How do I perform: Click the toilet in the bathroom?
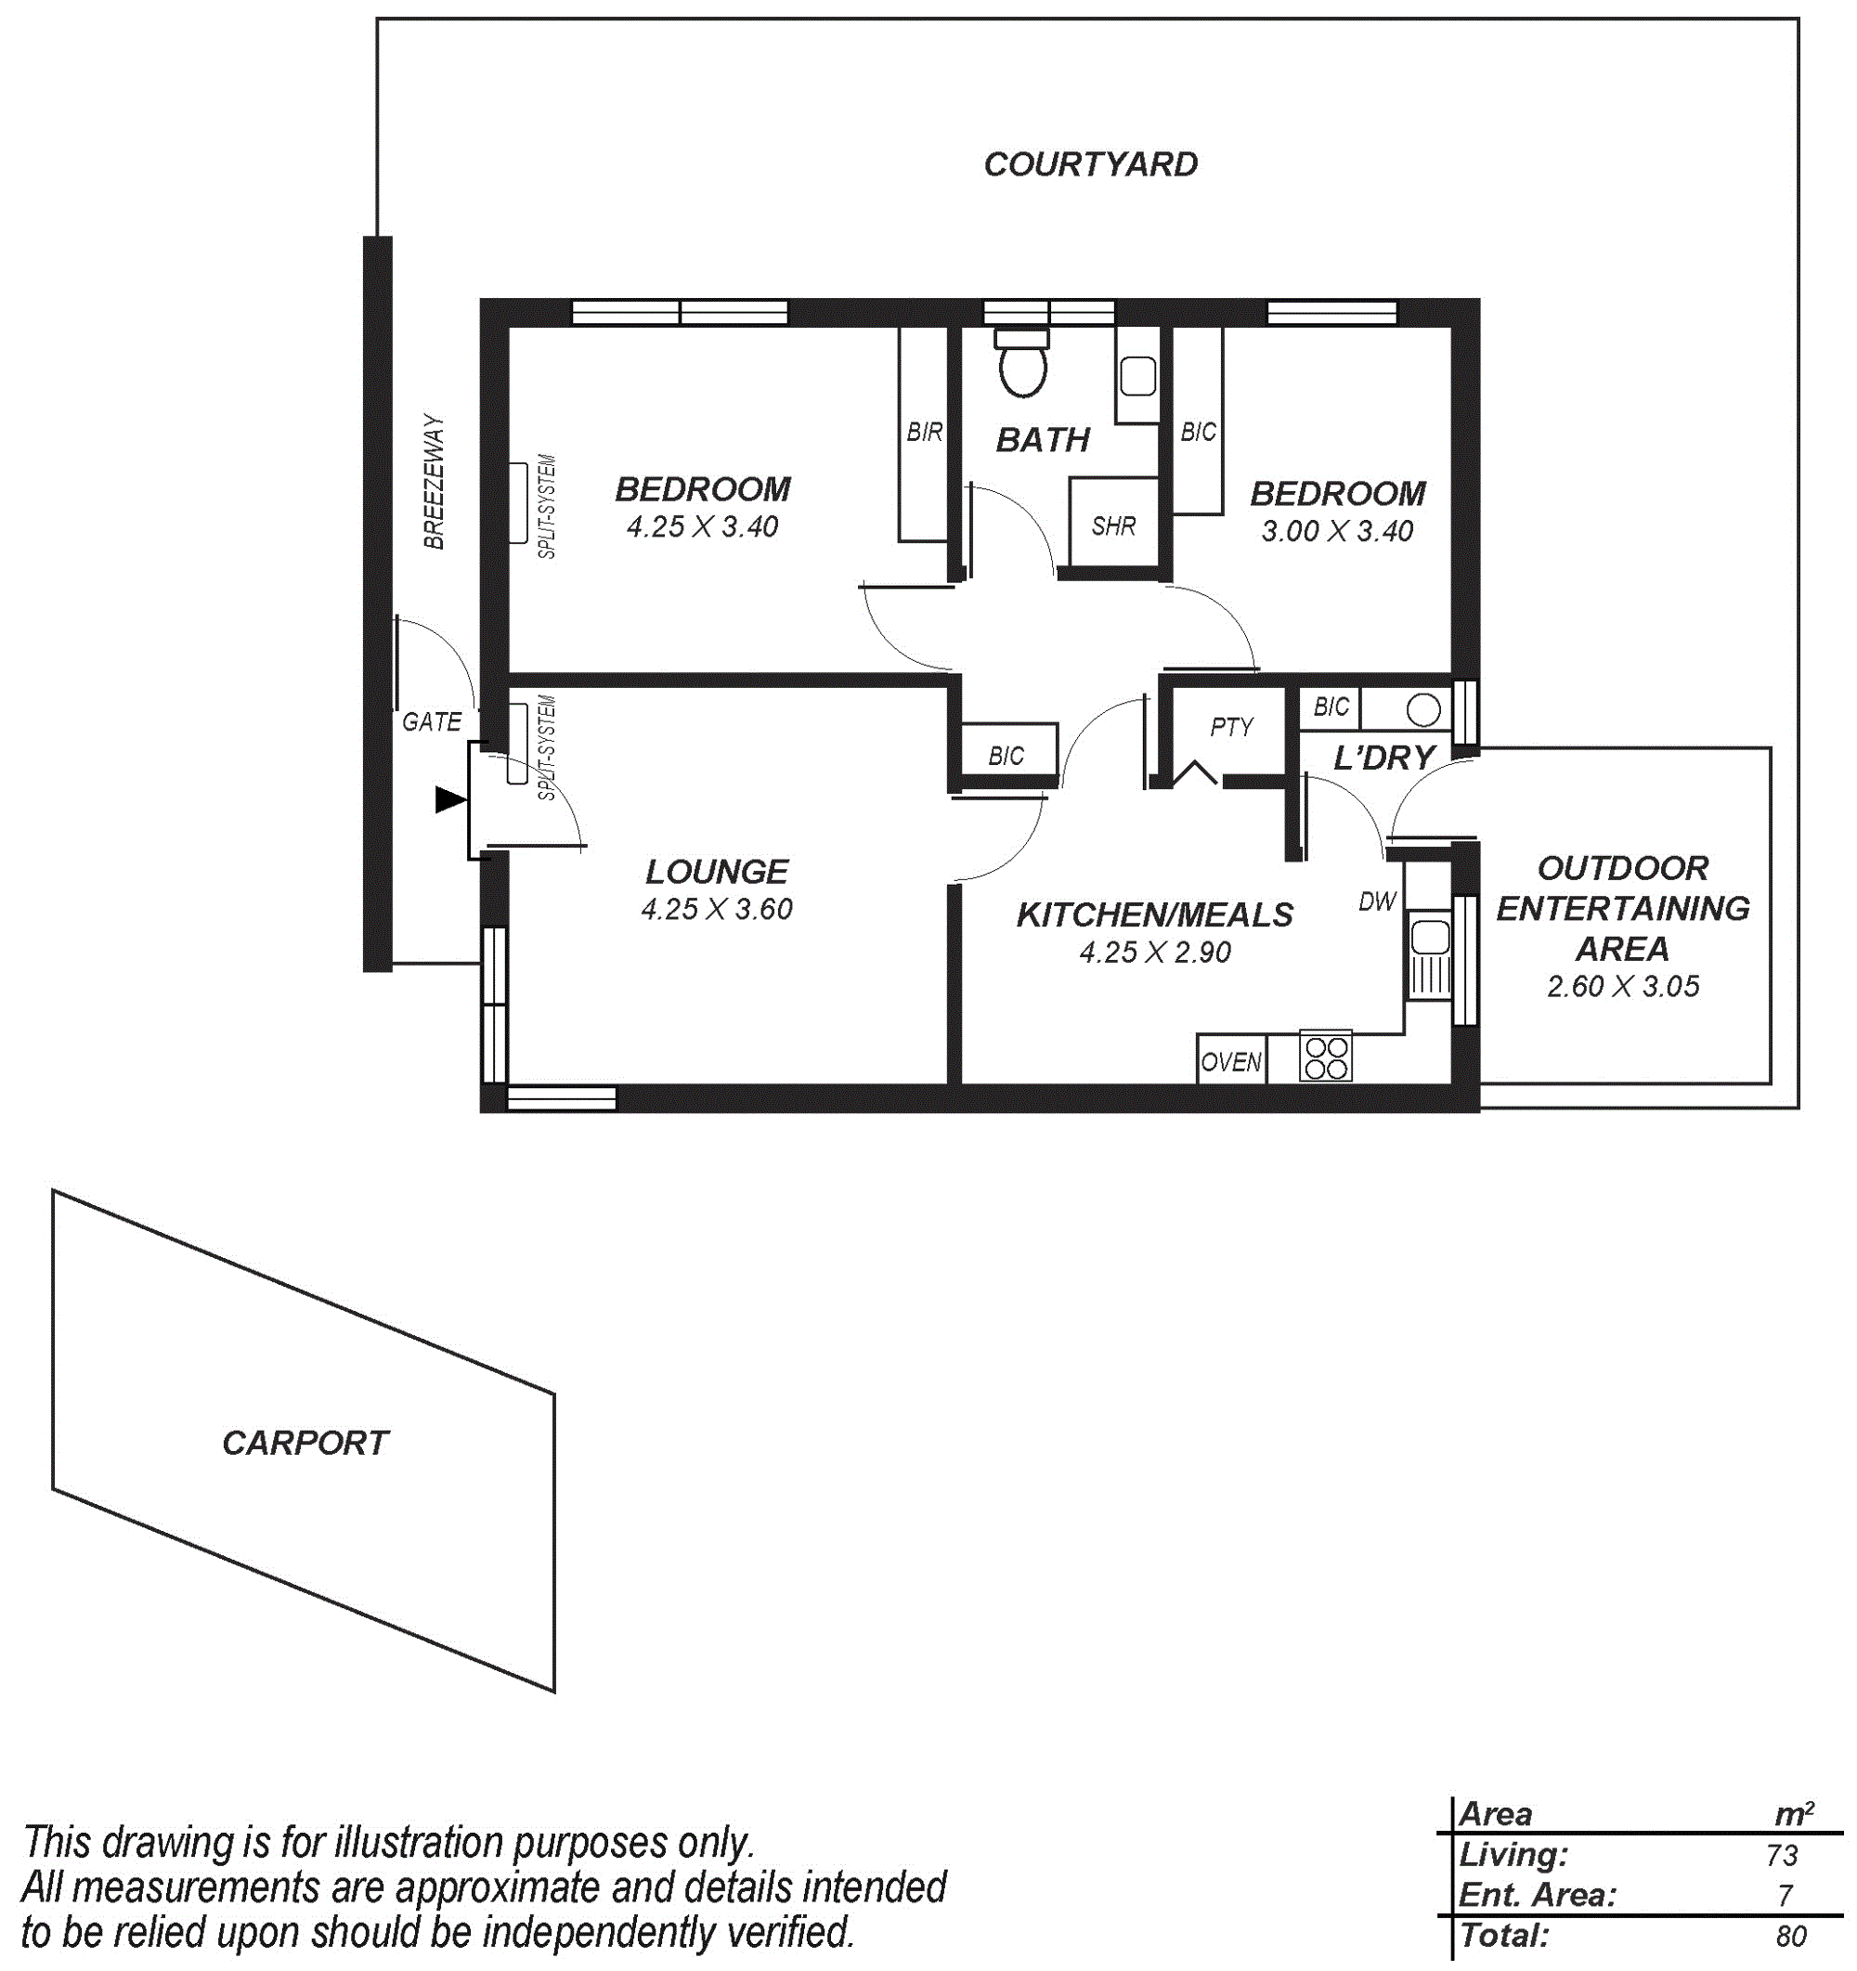tap(1022, 362)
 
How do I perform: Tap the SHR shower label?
tap(1113, 526)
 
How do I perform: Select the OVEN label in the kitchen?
tap(1231, 1063)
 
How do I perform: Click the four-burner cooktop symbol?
tap(1326, 1057)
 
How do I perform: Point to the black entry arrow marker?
tap(451, 799)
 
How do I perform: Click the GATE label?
tap(431, 721)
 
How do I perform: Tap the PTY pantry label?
tap(1231, 728)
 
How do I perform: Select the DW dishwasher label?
tap(1377, 901)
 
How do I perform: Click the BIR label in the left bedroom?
tap(924, 433)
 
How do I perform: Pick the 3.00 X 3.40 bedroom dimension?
tap(1336, 531)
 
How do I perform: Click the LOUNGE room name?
tap(717, 872)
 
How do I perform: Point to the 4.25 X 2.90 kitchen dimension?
tap(1155, 953)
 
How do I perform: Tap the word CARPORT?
tap(305, 1443)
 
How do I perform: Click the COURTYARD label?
tap(1091, 163)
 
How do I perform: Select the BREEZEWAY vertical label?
tap(435, 482)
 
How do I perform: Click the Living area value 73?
tap(1782, 1855)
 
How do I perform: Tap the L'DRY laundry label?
tap(1384, 758)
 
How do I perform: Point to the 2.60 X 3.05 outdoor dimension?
tap(1623, 987)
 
